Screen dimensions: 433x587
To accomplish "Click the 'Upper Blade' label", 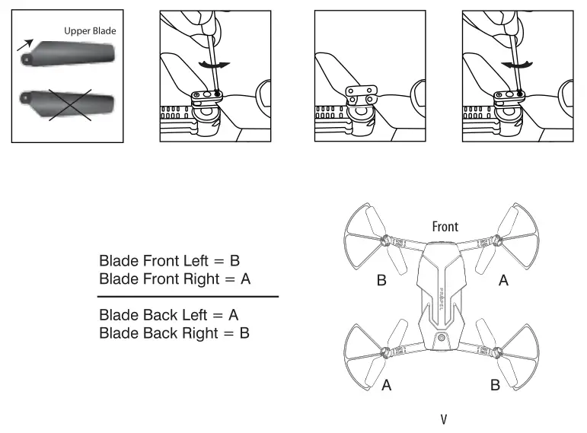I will point(90,31).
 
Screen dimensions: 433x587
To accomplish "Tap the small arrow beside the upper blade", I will point(26,46).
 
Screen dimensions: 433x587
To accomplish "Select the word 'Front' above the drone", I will point(445,227).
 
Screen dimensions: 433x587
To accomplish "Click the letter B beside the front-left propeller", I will point(381,281).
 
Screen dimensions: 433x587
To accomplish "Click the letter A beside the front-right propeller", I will point(503,281).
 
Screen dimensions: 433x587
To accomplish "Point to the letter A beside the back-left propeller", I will point(387,385).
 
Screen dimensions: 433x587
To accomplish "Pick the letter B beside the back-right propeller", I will point(495,385).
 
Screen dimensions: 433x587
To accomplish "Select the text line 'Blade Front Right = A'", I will point(174,279).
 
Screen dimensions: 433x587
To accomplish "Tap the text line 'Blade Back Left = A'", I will point(169,314).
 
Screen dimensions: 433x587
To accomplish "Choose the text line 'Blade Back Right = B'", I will point(174,333).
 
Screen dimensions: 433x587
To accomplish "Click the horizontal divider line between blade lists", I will point(188,296).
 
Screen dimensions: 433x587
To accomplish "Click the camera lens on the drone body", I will point(440,337).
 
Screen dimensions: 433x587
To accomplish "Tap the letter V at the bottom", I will point(443,419).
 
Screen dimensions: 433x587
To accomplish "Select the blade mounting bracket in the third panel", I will point(361,94).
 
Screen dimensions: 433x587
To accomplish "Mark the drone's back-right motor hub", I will point(497,352).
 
